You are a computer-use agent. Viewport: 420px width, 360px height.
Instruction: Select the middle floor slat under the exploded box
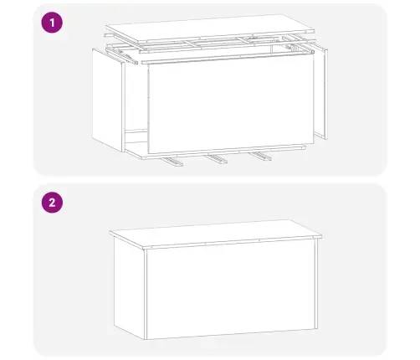tap(218, 157)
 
